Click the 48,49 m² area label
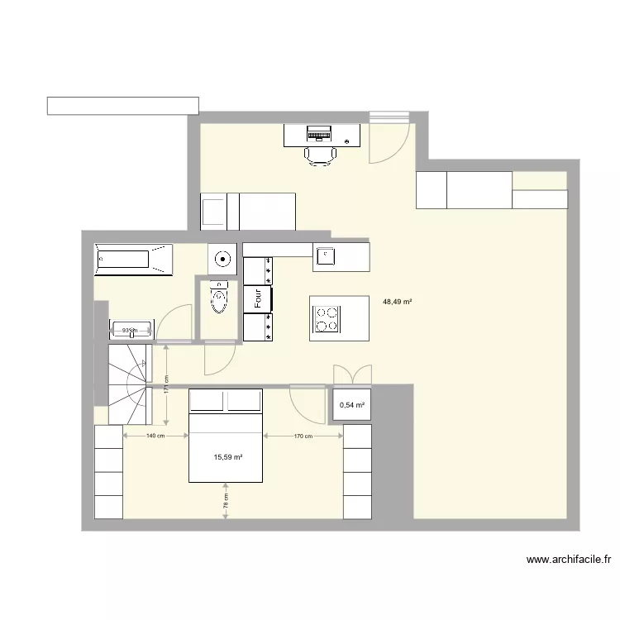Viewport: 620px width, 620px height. tap(397, 302)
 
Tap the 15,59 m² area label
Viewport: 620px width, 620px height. tap(230, 456)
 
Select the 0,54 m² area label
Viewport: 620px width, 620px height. tap(352, 405)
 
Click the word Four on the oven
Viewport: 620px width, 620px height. tap(259, 298)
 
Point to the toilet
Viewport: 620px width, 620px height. tap(218, 298)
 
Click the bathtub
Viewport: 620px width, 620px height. tap(133, 259)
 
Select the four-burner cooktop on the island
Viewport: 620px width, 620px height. tap(325, 317)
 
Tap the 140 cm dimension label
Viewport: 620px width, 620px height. tap(155, 436)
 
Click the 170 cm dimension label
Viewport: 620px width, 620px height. tap(303, 436)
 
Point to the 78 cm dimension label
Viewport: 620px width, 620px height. tap(226, 499)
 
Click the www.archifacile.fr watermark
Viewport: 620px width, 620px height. tap(569, 560)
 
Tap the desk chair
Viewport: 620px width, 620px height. tap(319, 155)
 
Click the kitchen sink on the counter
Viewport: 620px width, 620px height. tap(326, 256)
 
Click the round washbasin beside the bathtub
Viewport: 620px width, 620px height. tap(222, 259)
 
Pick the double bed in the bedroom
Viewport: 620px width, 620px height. tap(227, 436)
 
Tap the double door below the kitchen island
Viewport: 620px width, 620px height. tap(352, 375)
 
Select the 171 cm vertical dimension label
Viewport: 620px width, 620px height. tap(166, 386)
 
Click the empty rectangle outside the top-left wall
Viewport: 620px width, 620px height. tap(122, 105)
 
